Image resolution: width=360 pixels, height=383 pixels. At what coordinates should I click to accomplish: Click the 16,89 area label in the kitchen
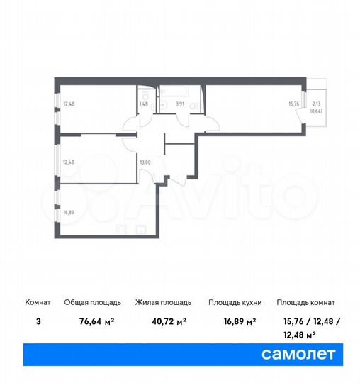coord(67,212)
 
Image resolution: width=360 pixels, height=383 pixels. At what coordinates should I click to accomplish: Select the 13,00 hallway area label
coord(145,162)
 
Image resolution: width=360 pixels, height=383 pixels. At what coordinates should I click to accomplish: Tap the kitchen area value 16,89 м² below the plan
coord(235,321)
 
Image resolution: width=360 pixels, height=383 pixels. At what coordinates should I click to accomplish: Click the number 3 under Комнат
coord(38,321)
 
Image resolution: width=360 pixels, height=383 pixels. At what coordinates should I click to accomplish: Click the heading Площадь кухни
coord(235,302)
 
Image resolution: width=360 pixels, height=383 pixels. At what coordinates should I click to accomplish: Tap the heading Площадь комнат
coord(306,302)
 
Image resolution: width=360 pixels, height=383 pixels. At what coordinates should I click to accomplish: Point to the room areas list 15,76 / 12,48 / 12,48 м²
coord(305,328)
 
